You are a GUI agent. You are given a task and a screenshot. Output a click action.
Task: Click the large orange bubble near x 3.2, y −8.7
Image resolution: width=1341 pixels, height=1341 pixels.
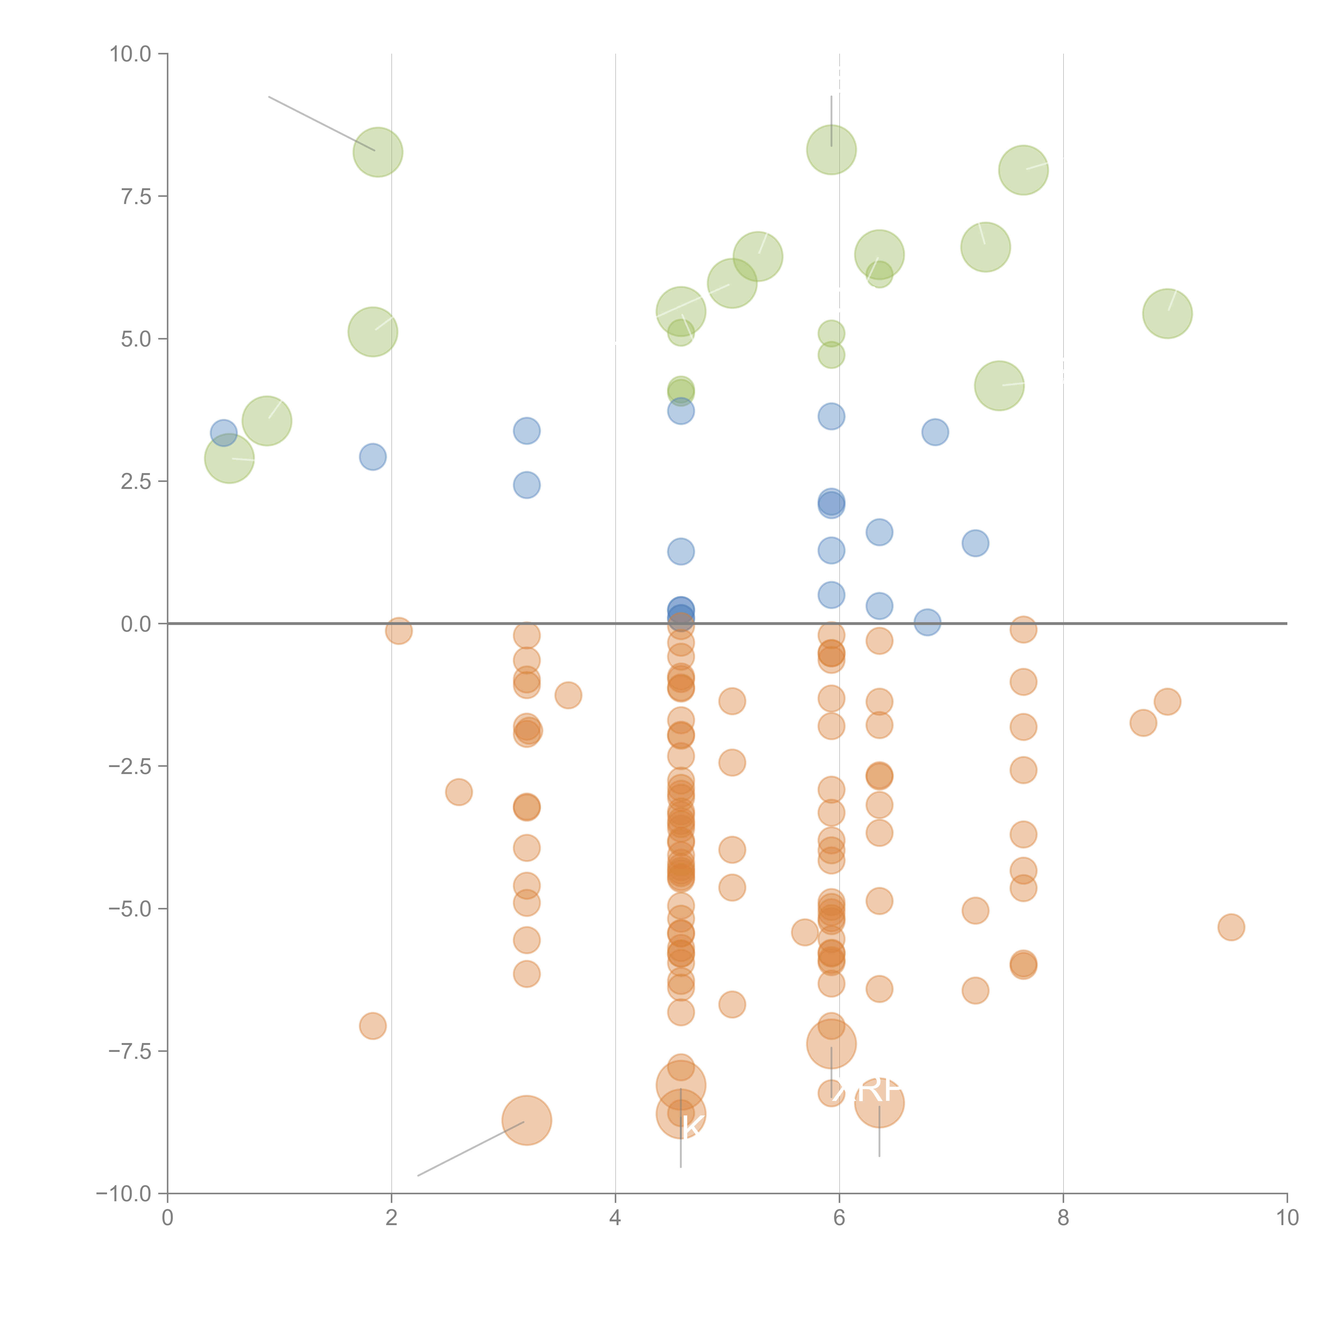click(527, 1120)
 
